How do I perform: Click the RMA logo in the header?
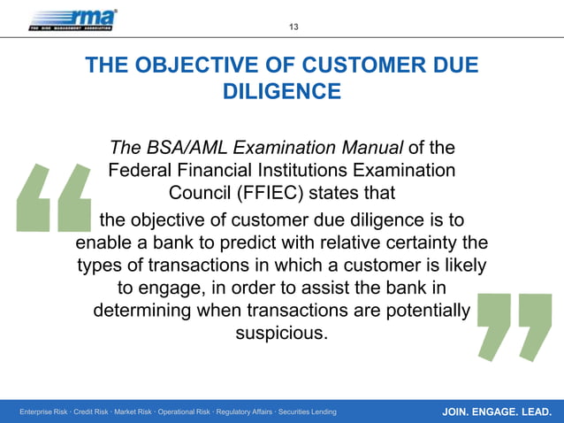pyautogui.click(x=72, y=19)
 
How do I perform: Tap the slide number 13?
pyautogui.click(x=293, y=27)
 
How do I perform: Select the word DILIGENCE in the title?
pyautogui.click(x=281, y=91)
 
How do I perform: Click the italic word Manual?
pyautogui.click(x=369, y=147)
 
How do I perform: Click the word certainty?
pyautogui.click(x=423, y=242)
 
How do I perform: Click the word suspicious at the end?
pyautogui.click(x=281, y=335)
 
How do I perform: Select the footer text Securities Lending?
pyautogui.click(x=303, y=411)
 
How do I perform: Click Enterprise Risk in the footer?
pyautogui.click(x=45, y=411)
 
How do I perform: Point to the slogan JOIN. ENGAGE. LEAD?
pyautogui.click(x=497, y=411)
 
